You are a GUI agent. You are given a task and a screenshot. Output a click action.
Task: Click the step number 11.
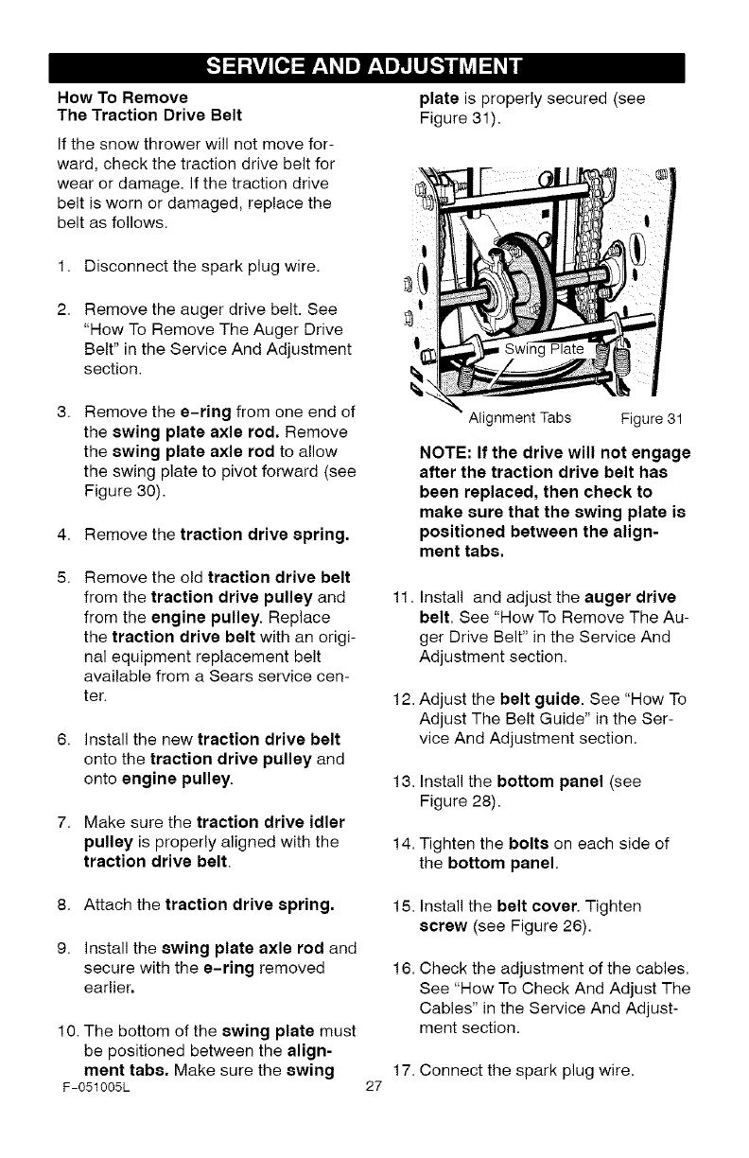pyautogui.click(x=398, y=598)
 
